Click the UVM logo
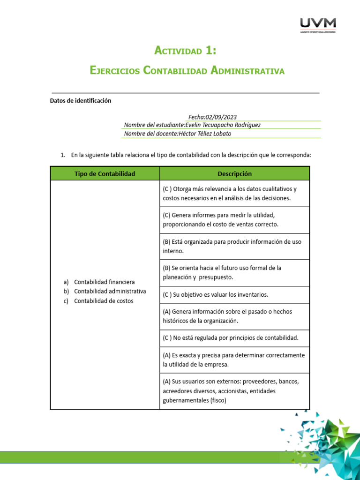(x=317, y=25)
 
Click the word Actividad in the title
(x=178, y=51)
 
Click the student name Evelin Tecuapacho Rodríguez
(x=223, y=125)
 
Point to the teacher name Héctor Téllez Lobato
(x=205, y=134)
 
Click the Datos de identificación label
(x=81, y=100)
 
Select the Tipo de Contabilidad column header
(x=105, y=174)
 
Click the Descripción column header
(x=234, y=174)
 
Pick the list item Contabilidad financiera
(x=104, y=282)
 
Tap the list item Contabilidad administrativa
(x=110, y=291)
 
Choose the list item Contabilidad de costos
(x=104, y=301)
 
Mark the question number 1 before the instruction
(x=63, y=155)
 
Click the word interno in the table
(x=173, y=251)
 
